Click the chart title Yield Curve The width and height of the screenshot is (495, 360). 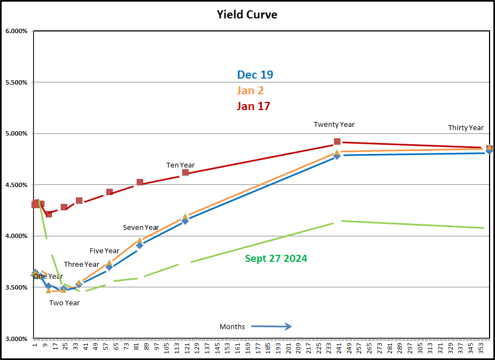click(x=247, y=15)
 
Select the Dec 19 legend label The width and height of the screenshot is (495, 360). click(x=255, y=75)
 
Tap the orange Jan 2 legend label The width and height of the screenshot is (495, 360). click(x=250, y=91)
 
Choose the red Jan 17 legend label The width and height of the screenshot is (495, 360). click(x=253, y=106)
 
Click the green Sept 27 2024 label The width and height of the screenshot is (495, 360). click(x=276, y=259)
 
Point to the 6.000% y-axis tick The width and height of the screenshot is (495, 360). click(x=16, y=31)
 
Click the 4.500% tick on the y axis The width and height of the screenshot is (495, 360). click(x=16, y=185)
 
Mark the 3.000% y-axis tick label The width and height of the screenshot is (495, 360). click(x=16, y=339)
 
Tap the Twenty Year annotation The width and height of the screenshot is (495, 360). click(x=334, y=125)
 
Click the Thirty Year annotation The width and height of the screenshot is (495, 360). click(x=466, y=128)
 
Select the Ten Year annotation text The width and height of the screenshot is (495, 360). click(x=181, y=165)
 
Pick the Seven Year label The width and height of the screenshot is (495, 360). click(x=141, y=228)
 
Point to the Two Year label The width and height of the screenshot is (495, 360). click(x=65, y=303)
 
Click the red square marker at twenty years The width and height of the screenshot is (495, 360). click(x=337, y=142)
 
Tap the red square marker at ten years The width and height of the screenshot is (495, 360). click(x=185, y=172)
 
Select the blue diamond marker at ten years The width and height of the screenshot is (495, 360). click(x=185, y=221)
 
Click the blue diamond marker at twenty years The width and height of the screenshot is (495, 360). click(x=337, y=156)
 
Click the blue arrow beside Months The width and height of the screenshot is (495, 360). click(x=272, y=326)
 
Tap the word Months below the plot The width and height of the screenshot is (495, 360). click(x=232, y=326)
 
